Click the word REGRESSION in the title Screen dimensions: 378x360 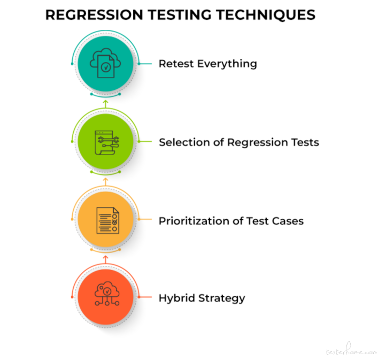(x=94, y=15)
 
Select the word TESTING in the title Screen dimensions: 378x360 (x=180, y=15)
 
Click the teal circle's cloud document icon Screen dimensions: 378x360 (x=105, y=63)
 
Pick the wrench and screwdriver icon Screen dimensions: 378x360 (x=107, y=142)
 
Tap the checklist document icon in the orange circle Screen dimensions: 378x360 (x=108, y=220)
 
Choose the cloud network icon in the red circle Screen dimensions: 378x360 (x=107, y=294)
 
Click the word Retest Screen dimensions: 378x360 (x=176, y=64)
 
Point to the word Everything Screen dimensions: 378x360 (x=227, y=64)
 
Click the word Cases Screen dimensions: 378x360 (x=288, y=221)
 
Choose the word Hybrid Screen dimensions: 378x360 (x=177, y=298)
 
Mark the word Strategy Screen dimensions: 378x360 (x=222, y=299)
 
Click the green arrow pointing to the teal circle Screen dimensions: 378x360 (x=105, y=104)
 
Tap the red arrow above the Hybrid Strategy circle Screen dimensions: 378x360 (x=105, y=259)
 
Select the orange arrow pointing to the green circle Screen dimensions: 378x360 (x=105, y=181)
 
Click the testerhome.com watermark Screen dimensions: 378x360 (x=351, y=349)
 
